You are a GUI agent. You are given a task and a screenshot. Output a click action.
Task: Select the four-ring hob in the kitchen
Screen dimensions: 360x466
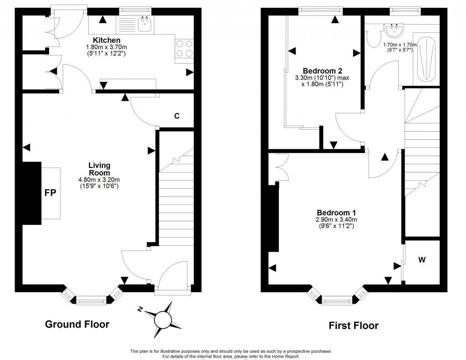click(184, 49)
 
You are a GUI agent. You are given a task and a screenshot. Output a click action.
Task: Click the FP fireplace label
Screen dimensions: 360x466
click(50, 193)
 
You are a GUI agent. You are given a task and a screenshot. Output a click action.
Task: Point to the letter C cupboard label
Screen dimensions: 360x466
click(177, 116)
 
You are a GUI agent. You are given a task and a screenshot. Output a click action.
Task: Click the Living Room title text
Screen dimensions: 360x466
click(99, 169)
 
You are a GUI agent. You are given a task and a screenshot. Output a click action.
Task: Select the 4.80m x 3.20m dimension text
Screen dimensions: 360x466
click(99, 180)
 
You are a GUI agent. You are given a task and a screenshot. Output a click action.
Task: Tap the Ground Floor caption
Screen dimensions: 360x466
click(77, 324)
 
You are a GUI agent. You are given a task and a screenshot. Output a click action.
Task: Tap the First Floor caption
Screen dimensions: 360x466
click(354, 325)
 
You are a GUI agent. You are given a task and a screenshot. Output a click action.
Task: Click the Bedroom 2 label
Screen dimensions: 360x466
click(322, 71)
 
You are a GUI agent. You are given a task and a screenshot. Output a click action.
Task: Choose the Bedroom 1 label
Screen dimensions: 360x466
click(336, 213)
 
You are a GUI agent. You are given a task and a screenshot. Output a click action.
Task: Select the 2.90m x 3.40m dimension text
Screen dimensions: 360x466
click(336, 220)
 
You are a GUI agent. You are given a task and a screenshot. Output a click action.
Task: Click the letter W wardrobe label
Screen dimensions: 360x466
click(422, 260)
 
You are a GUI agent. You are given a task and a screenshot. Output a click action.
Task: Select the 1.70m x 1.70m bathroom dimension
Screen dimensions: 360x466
click(400, 45)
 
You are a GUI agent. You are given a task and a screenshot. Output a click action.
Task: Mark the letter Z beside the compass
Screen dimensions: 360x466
click(141, 310)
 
